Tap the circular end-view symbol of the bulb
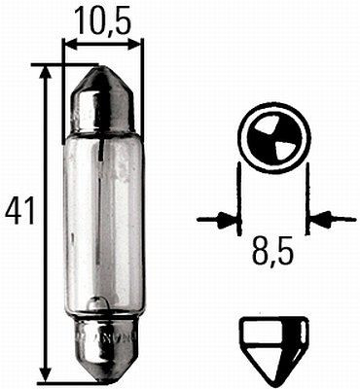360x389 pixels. click(x=272, y=140)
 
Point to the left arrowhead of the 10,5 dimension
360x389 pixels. click(x=69, y=44)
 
